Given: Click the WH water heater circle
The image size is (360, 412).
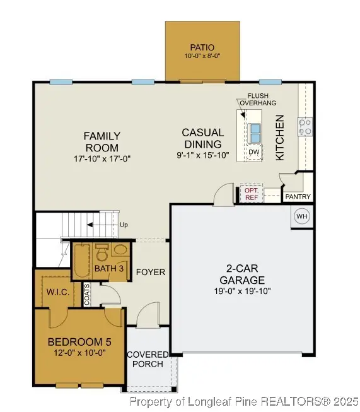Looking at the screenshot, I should (301, 216).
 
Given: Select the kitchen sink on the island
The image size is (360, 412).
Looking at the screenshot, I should (255, 134).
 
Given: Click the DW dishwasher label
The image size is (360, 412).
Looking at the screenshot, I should (253, 152).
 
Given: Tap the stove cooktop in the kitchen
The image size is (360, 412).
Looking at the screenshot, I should (305, 127).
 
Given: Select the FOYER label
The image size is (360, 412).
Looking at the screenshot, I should (151, 272).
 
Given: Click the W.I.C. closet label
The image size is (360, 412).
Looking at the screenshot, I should (57, 291).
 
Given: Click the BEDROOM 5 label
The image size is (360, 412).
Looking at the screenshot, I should (79, 342).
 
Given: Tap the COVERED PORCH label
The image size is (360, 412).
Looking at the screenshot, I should (148, 360).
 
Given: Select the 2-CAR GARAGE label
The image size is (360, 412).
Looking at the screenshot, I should (242, 274).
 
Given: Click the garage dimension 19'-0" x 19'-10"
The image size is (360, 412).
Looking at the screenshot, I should (242, 291).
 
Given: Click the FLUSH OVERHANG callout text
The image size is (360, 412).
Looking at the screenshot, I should (253, 100).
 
